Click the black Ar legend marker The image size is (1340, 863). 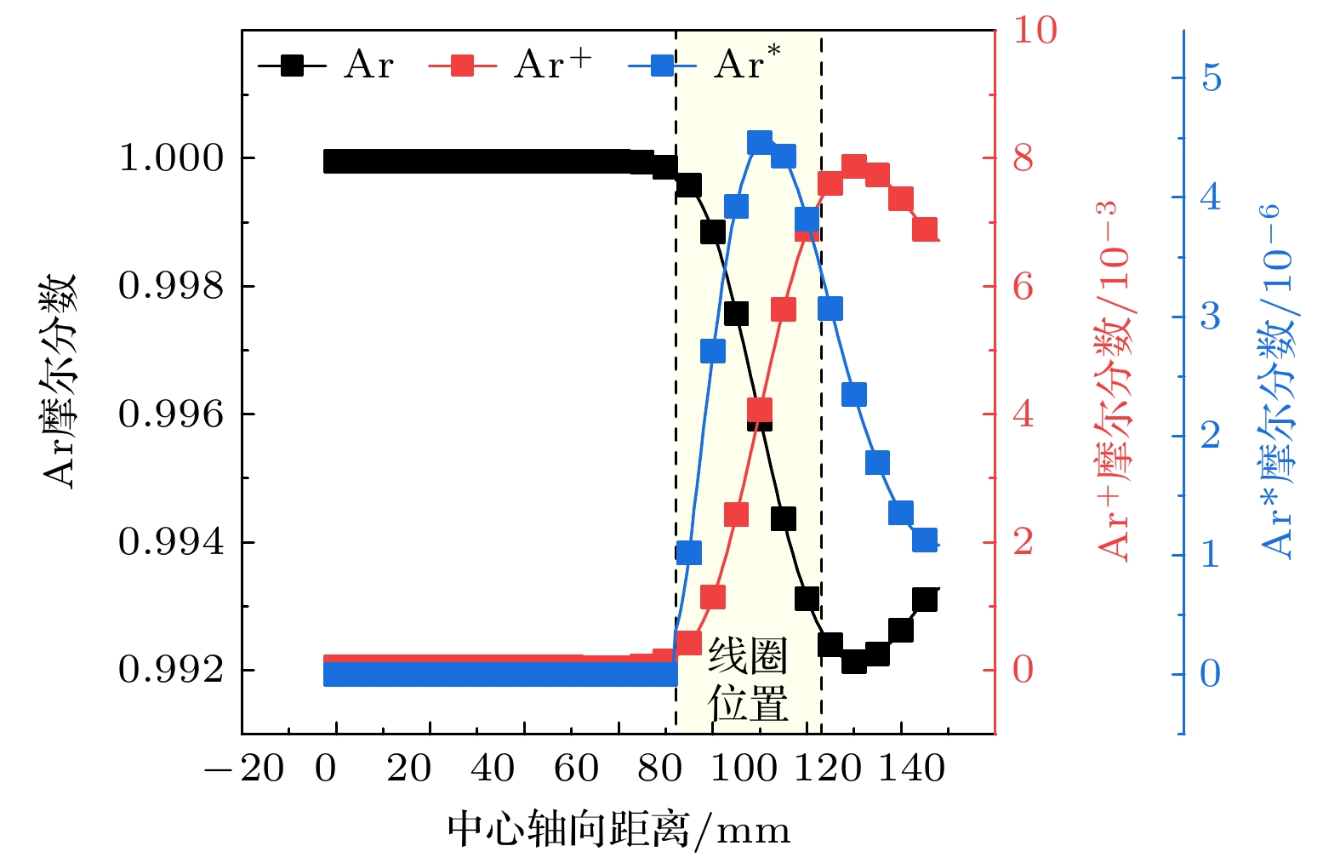tap(292, 66)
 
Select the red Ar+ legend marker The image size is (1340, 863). tap(462, 66)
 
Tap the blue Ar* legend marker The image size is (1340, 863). tap(662, 66)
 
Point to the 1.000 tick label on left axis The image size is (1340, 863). tap(171, 158)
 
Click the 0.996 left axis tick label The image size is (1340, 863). tap(171, 414)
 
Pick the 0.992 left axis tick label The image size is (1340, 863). tap(171, 671)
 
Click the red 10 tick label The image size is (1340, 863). tap(1035, 31)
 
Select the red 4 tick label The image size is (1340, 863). tap(1023, 414)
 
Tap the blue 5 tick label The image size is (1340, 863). tap(1211, 78)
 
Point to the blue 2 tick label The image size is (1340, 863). tap(1210, 436)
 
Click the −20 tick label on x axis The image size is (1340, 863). tap(244, 769)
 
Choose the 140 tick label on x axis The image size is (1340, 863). tap(911, 769)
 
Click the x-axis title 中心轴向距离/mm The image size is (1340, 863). tap(619, 830)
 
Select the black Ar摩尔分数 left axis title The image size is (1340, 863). tap(60, 380)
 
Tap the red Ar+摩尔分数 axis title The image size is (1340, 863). tap(1115, 380)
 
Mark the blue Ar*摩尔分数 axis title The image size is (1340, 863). tap(1278, 380)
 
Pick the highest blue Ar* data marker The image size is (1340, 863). tap(760, 142)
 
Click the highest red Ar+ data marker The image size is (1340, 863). tap(854, 165)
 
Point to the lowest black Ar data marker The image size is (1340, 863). tap(854, 661)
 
